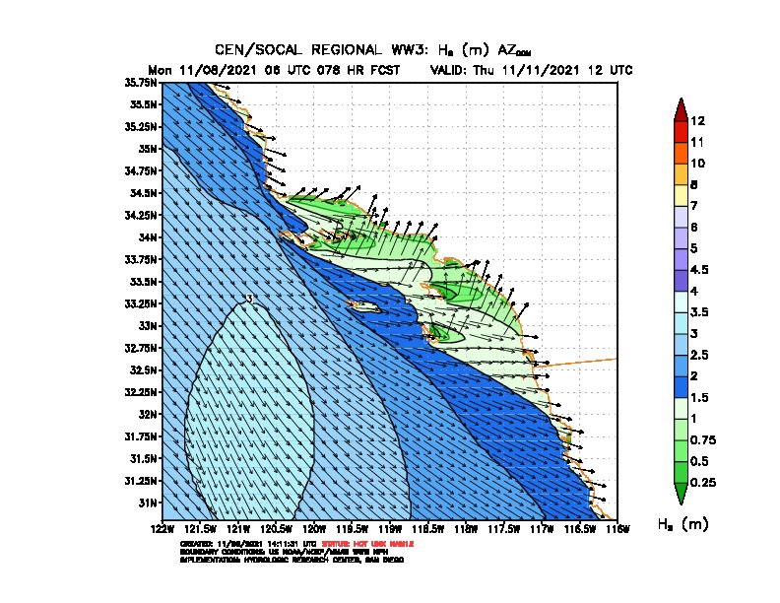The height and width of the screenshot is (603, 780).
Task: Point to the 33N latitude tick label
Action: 149,325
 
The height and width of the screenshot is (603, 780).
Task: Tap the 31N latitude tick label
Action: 149,502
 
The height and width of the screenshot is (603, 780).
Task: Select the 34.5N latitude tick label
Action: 144,193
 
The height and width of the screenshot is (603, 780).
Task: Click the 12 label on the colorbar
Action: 697,121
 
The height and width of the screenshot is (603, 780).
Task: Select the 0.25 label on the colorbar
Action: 704,483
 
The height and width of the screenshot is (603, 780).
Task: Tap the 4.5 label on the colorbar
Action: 700,269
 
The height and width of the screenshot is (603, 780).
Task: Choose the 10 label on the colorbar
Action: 697,163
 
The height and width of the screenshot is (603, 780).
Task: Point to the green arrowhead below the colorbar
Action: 680,493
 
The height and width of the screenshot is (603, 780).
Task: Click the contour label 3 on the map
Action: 250,299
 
